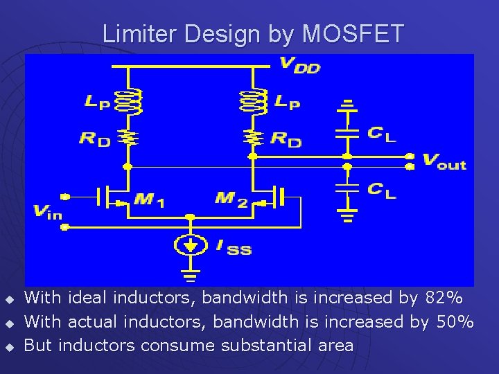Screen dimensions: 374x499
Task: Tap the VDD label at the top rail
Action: point(299,65)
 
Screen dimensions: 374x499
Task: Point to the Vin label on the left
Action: point(48,212)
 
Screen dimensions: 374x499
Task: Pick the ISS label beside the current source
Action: point(234,247)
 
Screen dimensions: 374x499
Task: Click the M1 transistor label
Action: point(149,200)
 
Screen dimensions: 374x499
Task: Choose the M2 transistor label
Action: point(231,199)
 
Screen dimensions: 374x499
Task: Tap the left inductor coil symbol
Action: point(128,102)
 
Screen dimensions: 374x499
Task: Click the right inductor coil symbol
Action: point(252,102)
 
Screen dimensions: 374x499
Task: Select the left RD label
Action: point(95,139)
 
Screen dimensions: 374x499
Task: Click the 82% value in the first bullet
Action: point(444,298)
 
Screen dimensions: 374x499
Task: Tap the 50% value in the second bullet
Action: point(455,321)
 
